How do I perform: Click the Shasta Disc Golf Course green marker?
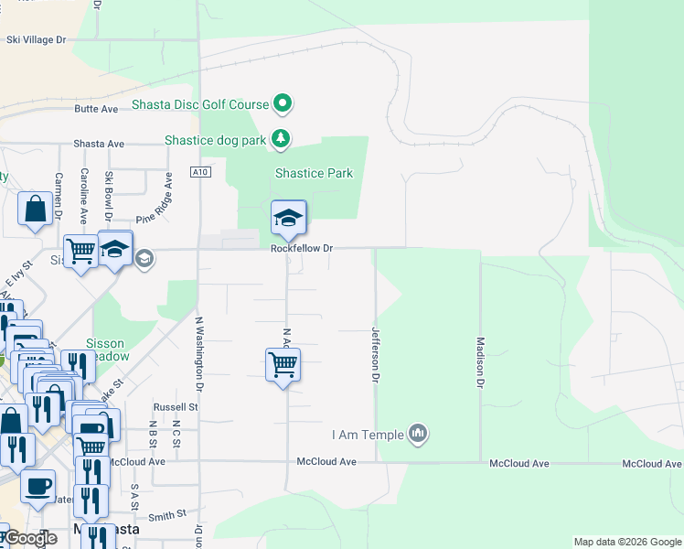[283, 104]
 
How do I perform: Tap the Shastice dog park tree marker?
[281, 140]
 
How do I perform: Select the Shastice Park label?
[314, 173]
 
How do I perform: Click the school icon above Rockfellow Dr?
[288, 219]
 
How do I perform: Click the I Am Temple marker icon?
[418, 432]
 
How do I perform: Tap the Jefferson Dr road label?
[374, 355]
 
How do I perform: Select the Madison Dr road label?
[479, 362]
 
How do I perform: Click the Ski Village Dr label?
[37, 39]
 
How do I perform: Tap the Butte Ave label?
[97, 109]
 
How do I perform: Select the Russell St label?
[176, 406]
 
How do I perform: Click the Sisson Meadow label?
[108, 350]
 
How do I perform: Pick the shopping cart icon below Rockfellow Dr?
[283, 365]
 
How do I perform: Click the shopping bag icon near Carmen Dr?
[35, 209]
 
